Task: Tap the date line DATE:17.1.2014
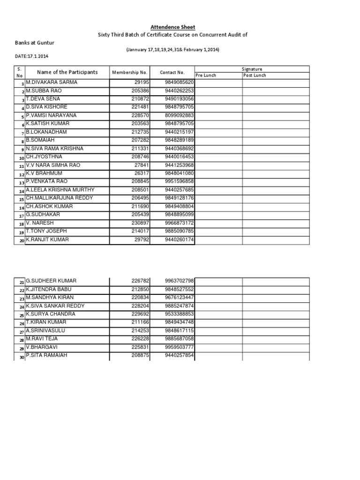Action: pos(32,56)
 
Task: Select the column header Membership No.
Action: pos(130,73)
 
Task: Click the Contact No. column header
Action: pos(172,73)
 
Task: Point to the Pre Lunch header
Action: pos(206,75)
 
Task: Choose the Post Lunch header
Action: pos(255,75)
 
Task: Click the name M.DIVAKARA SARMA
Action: pos(52,82)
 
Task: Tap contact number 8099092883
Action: pos(180,115)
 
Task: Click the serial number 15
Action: pos(21,199)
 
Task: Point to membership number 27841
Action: pos(142,165)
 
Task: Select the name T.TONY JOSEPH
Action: pos(46,231)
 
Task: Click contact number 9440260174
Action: pos(180,240)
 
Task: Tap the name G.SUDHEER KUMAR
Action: pos(51,281)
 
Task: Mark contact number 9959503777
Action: pos(180,347)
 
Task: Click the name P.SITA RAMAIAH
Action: pos(46,355)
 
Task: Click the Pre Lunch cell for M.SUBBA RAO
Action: pos(218,90)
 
